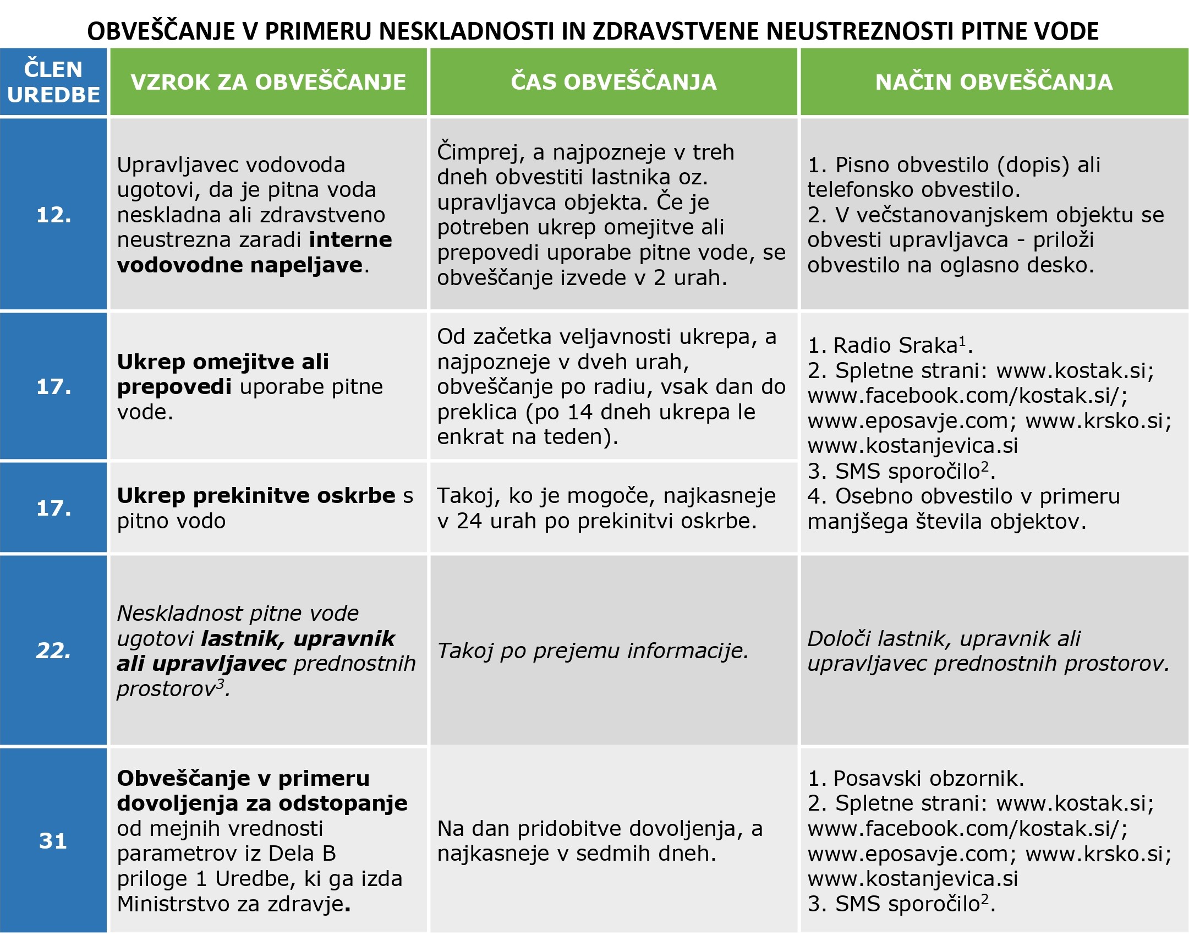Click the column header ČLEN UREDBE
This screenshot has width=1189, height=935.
click(53, 82)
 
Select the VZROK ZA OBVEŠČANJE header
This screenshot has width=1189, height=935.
click(268, 82)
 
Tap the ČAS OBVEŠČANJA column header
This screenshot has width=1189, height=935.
click(613, 82)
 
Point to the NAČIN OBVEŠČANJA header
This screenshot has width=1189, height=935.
click(994, 82)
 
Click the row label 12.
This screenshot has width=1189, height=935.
click(53, 215)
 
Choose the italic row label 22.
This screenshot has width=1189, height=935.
click(53, 650)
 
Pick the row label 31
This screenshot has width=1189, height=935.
click(53, 840)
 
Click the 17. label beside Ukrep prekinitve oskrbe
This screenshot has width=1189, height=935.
click(53, 507)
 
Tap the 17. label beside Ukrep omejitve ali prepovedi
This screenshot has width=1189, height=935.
click(53, 386)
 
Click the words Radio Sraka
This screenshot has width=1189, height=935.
click(896, 346)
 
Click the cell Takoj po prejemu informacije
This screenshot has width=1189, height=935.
click(593, 650)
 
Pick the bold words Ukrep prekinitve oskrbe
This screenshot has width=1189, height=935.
click(256, 495)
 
